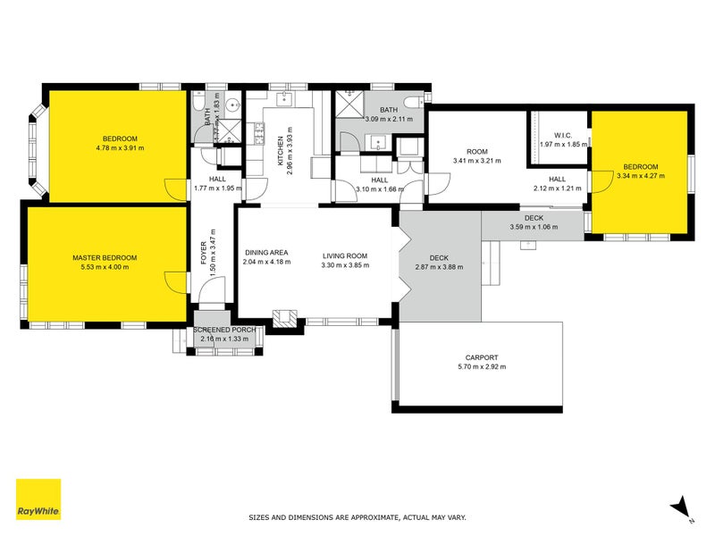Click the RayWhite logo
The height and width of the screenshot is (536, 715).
(x=38, y=499)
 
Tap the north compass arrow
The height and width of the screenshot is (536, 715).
(x=682, y=507)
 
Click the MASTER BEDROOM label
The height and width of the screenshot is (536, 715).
(x=105, y=257)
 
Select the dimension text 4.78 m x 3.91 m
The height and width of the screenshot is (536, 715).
(x=120, y=148)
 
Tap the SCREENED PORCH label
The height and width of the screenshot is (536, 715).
(x=225, y=330)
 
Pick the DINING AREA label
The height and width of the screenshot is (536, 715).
(x=267, y=252)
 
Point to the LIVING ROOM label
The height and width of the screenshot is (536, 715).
(x=345, y=256)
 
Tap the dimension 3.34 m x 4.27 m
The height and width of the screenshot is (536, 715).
(x=641, y=176)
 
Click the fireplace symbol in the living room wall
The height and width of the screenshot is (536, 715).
(x=286, y=317)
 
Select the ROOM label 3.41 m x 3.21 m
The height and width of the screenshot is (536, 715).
(x=476, y=152)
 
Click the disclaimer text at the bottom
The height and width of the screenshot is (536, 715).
(x=357, y=517)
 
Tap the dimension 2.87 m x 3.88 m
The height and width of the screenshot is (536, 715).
(x=439, y=267)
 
